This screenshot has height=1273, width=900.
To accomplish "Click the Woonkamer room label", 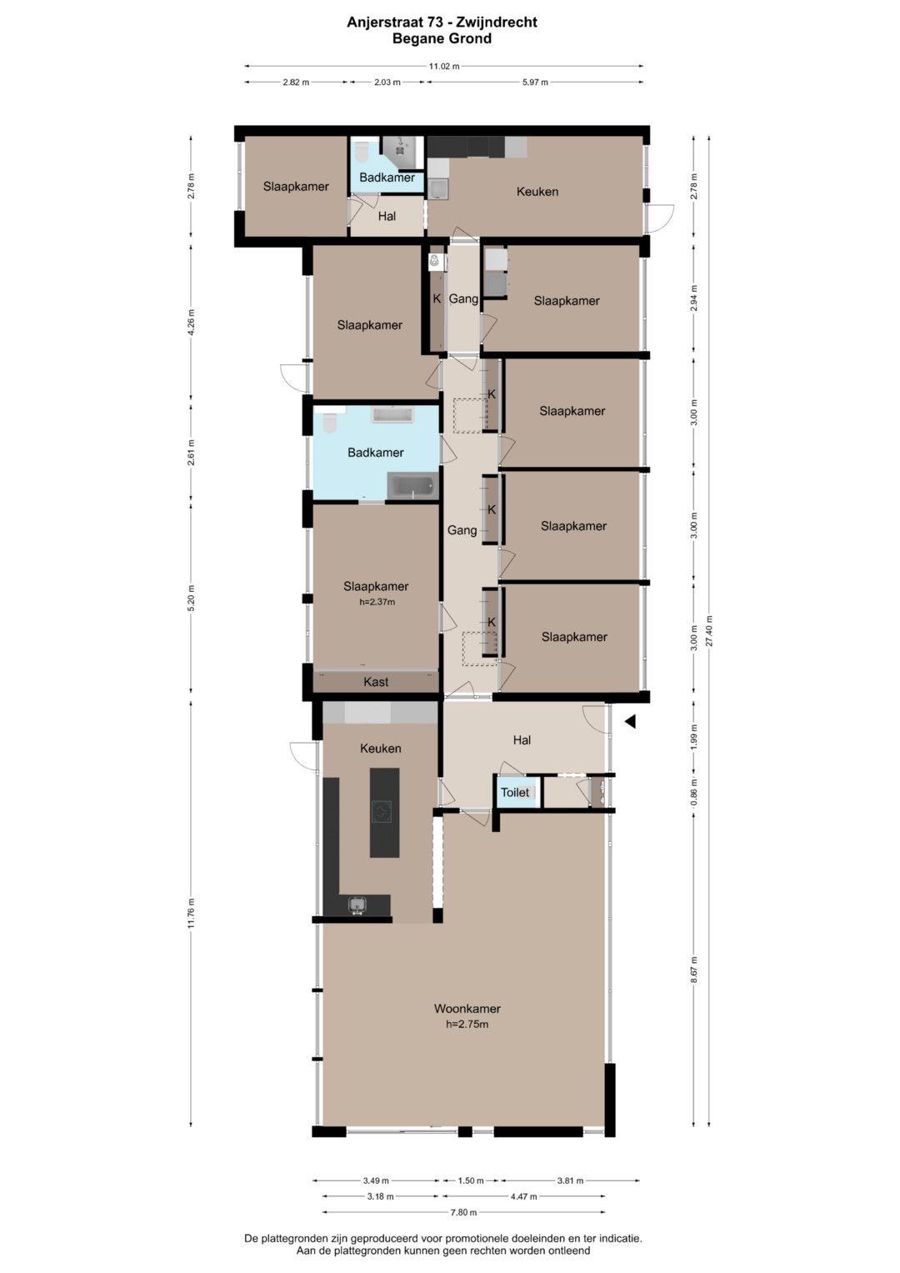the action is click(x=467, y=1009).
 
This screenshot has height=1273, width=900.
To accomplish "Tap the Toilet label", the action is click(x=515, y=792).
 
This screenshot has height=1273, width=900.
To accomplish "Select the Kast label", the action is click(x=376, y=682).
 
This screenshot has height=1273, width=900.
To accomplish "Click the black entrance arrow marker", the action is click(x=629, y=722).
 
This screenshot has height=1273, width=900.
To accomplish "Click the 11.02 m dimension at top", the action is click(x=443, y=66).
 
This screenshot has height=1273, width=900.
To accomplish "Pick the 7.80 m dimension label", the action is click(x=463, y=1212).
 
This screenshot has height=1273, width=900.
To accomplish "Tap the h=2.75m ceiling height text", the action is click(x=467, y=1025).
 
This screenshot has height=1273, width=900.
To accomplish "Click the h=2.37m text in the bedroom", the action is click(x=377, y=602).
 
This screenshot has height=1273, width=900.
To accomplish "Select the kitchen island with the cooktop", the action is click(x=384, y=812).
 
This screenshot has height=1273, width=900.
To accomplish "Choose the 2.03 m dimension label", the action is click(x=387, y=82).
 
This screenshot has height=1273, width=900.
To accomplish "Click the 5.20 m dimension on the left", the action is click(x=191, y=598).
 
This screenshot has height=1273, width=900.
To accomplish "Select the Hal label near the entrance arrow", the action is click(x=522, y=740).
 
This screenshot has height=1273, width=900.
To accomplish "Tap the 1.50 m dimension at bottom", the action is click(x=471, y=1180).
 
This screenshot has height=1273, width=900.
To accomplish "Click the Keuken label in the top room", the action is click(x=537, y=192).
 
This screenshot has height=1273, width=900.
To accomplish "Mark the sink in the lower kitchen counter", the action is click(x=357, y=905).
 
